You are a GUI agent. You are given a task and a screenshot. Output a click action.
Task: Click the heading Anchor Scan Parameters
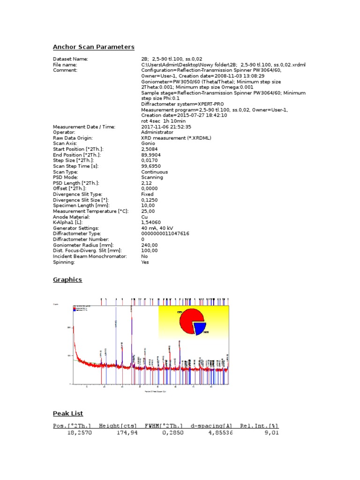[94, 47]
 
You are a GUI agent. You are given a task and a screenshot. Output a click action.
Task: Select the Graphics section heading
[67, 280]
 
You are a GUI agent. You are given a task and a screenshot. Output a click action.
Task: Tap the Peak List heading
[68, 413]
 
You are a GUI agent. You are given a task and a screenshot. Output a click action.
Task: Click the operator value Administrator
[157, 132]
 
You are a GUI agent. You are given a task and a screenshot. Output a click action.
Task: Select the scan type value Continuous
[154, 172]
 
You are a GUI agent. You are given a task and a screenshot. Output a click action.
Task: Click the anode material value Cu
[144, 217]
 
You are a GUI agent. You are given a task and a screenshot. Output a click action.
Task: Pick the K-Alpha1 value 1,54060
[151, 223]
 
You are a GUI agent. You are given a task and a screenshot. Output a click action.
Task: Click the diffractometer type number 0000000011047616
[165, 233]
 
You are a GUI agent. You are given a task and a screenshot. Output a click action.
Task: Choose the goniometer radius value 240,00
[150, 245]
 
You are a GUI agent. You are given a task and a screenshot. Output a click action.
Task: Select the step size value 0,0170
[150, 160]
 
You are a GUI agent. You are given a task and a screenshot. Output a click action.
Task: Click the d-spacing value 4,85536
[219, 433]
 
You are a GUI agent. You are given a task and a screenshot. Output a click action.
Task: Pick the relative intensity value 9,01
[272, 433]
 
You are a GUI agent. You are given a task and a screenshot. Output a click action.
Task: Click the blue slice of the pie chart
[201, 329]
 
